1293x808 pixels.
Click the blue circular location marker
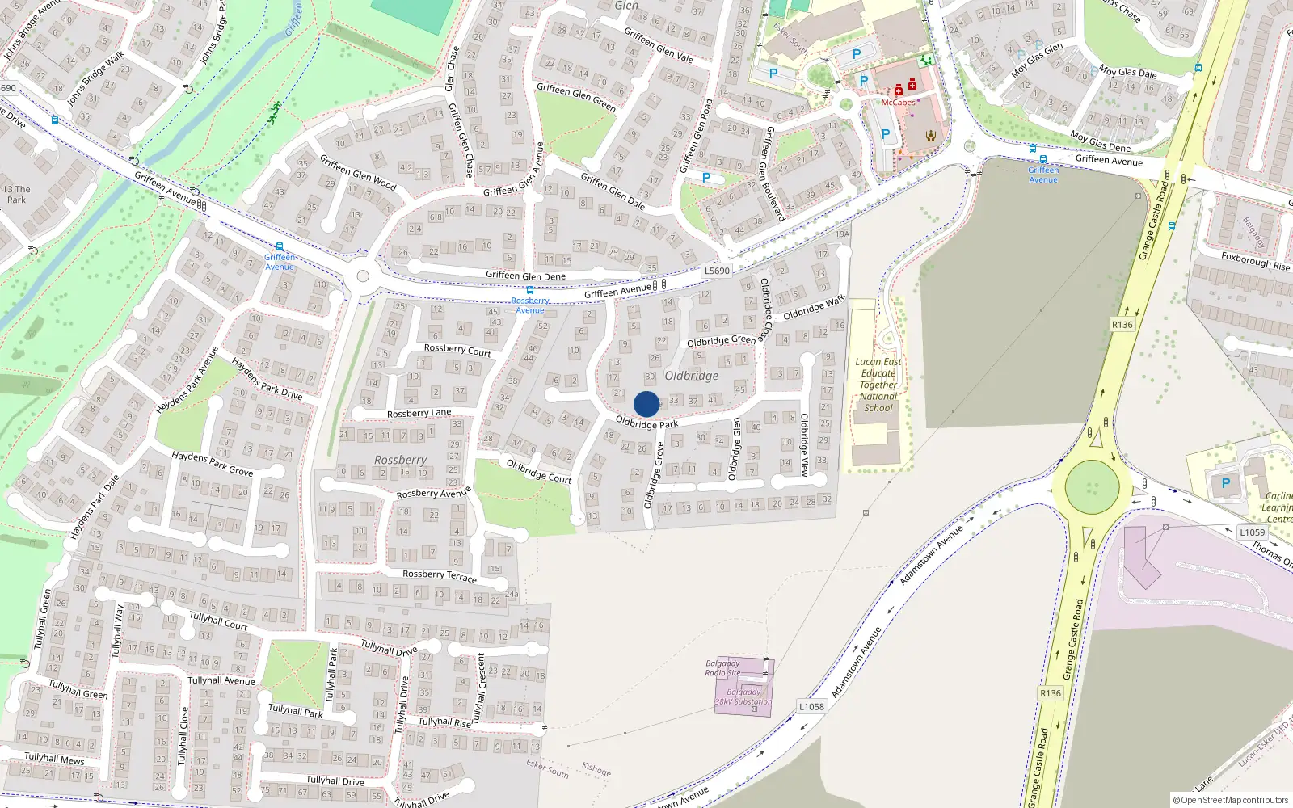coord(646,404)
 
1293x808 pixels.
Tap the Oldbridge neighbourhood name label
coord(691,376)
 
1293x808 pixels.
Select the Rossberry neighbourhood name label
coord(400,460)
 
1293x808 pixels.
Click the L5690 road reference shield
coord(717,271)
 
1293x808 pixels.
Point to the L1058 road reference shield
coord(811,707)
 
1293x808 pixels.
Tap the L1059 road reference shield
coord(1252,532)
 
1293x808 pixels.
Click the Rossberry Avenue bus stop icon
coord(530,290)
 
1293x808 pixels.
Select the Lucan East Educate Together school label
coord(878,385)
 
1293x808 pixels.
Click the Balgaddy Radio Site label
coord(722,668)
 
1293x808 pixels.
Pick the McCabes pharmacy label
coord(898,103)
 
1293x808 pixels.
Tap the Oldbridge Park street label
coord(646,423)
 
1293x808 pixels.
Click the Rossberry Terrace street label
coord(440,575)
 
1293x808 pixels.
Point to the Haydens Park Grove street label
coord(212,463)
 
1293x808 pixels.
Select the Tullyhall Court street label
coord(218,621)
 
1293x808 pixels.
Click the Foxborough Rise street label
coord(1255,261)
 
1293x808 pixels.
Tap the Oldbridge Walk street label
coord(814,308)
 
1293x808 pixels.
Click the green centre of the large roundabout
coord(1093,487)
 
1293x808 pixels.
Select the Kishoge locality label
coord(596,769)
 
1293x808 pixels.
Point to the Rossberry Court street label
coord(457,350)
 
